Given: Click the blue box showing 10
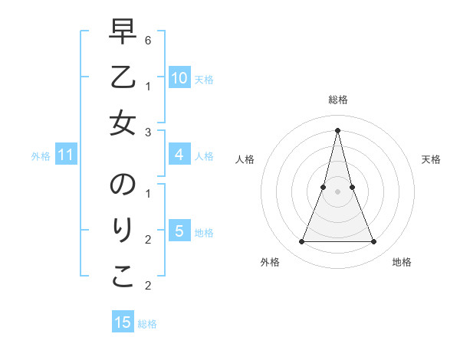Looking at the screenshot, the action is [179, 78].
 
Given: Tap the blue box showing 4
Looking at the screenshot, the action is [179, 155].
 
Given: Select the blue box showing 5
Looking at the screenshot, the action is [179, 231].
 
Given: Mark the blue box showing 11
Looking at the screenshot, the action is [66, 155].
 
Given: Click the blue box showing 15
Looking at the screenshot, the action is [123, 322].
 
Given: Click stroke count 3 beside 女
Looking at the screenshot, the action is [148, 133].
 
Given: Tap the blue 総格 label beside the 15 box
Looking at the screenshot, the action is [147, 324].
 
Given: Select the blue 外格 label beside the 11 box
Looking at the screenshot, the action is [41, 156].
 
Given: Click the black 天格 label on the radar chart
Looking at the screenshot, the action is [431, 159].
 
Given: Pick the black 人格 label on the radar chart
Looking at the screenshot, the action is [245, 159].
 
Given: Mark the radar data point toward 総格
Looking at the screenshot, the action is [337, 129].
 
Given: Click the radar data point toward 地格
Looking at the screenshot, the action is [373, 241].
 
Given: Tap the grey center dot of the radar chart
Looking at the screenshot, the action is [337, 191].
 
